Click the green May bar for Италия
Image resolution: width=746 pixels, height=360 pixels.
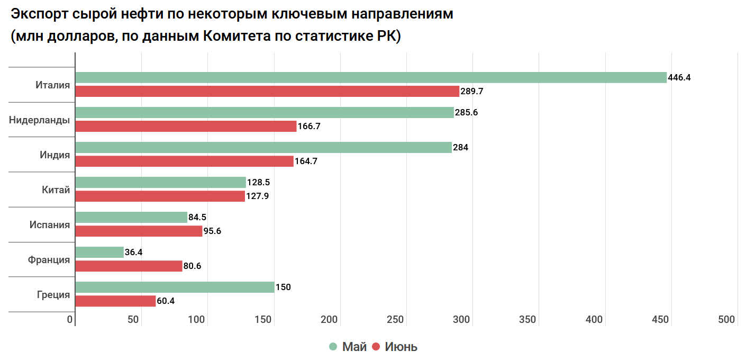pyautogui.click(x=370, y=77)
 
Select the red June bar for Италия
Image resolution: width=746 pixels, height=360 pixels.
pyautogui.click(x=267, y=91)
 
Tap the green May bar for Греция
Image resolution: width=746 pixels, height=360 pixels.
pyautogui.click(x=175, y=287)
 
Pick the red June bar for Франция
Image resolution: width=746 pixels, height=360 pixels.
pyautogui.click(x=129, y=266)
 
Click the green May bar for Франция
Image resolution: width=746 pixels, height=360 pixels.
pyautogui.click(x=99, y=252)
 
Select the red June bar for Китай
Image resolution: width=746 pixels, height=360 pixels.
pyautogui.click(x=160, y=196)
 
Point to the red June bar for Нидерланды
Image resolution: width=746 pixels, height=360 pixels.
pyautogui.click(x=186, y=126)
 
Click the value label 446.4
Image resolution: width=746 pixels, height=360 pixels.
pyautogui.click(x=679, y=77)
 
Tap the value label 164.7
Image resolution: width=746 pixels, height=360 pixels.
pyautogui.click(x=306, y=161)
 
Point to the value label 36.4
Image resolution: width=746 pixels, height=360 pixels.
pyautogui.click(x=133, y=253)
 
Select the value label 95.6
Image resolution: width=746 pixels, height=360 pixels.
pyautogui.click(x=212, y=231)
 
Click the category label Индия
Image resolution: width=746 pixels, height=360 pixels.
pyautogui.click(x=54, y=155)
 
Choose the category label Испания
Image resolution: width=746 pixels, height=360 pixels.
pyautogui.click(x=49, y=225)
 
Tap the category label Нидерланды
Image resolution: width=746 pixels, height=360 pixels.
pyautogui.click(x=39, y=120)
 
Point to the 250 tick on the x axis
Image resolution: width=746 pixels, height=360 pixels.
pyautogui.click(x=395, y=320)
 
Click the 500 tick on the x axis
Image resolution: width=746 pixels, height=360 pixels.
pyautogui.click(x=726, y=320)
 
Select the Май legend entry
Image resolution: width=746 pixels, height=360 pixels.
pyautogui.click(x=354, y=347)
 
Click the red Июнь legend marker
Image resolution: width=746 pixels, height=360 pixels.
pyautogui.click(x=376, y=347)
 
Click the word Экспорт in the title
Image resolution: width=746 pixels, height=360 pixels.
pyautogui.click(x=39, y=14)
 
